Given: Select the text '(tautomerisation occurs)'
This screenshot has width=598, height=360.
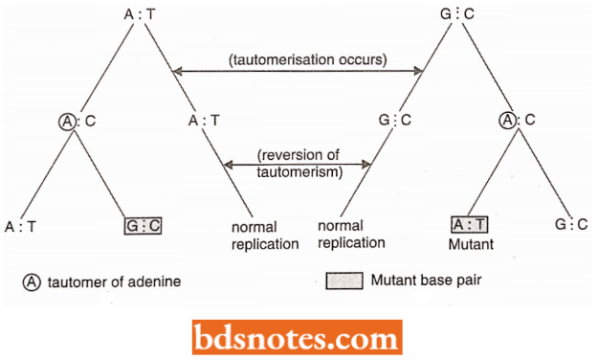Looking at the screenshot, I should pyautogui.click(x=307, y=58).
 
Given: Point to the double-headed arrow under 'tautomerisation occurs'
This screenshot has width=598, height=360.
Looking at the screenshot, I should pyautogui.click(x=298, y=73).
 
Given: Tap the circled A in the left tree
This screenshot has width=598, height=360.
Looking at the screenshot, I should pyautogui.click(x=65, y=121).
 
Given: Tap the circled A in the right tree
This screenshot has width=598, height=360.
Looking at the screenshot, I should pyautogui.click(x=507, y=121).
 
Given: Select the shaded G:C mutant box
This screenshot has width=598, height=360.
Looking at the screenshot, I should pyautogui.click(x=143, y=227).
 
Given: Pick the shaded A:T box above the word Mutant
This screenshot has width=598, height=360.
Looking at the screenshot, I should pyautogui.click(x=470, y=226).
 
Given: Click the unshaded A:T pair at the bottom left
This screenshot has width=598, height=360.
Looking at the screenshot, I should pyautogui.click(x=20, y=227).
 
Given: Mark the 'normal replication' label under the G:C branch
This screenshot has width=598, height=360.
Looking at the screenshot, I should pyautogui.click(x=353, y=236).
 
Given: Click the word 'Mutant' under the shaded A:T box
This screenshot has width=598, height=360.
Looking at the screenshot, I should pyautogui.click(x=470, y=244).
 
